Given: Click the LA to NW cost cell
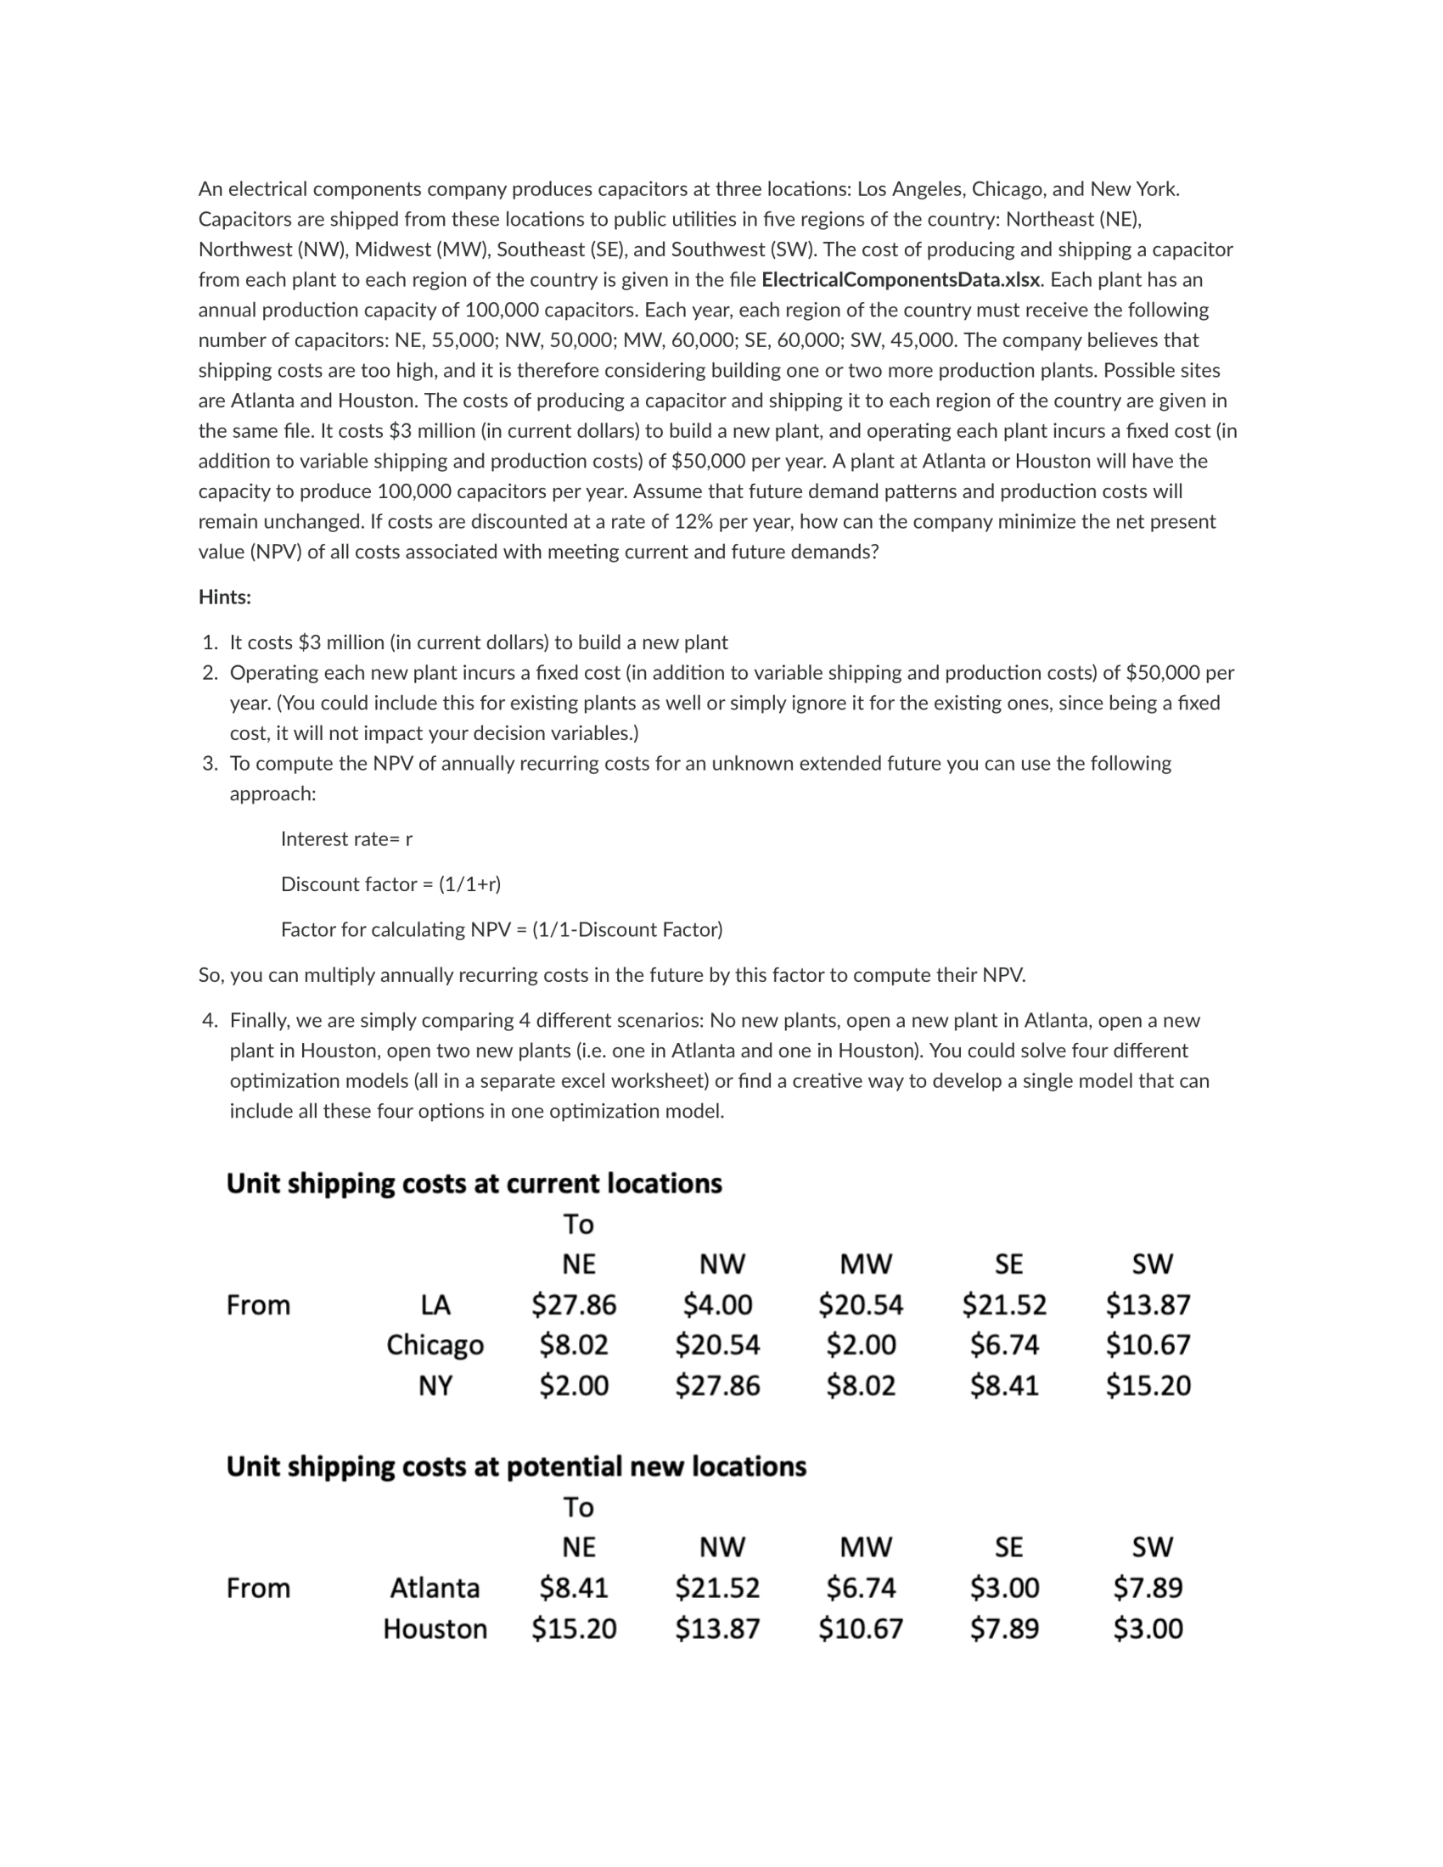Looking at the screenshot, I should [x=717, y=1304].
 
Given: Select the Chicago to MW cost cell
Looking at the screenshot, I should [x=861, y=1345].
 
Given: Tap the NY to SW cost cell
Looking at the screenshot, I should [x=1148, y=1385].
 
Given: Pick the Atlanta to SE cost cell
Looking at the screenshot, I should [x=1004, y=1588].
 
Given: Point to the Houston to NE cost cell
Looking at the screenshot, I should [x=574, y=1629].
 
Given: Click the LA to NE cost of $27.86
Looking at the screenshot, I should [x=574, y=1304].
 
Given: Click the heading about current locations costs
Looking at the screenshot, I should [x=474, y=1183].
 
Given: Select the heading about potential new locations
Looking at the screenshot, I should [x=515, y=1466].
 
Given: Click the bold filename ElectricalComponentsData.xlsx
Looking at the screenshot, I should [x=900, y=279].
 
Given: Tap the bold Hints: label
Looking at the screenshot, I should [x=225, y=597].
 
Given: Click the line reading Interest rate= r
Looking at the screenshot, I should [x=346, y=838].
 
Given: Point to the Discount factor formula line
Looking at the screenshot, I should [x=390, y=884].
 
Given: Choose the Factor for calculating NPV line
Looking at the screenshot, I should [x=501, y=929].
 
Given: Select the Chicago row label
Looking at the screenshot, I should [x=435, y=1345].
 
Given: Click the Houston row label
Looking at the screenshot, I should [x=435, y=1629].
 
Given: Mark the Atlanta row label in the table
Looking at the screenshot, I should [x=435, y=1588].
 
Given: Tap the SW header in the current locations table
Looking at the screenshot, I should [x=1152, y=1264].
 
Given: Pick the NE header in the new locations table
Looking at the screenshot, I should [x=578, y=1546].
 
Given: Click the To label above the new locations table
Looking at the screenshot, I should [x=578, y=1506].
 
